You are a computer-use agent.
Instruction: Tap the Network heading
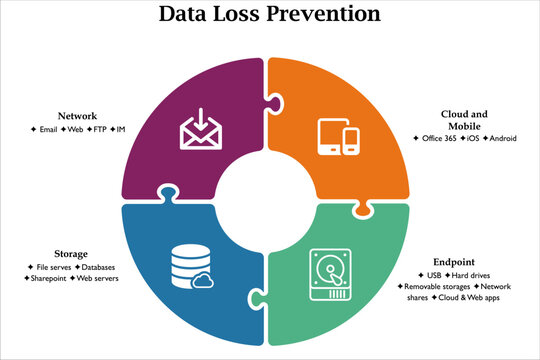(78, 116)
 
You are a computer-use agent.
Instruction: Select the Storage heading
(70, 254)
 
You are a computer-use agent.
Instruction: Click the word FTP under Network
(98, 130)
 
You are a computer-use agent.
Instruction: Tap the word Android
(502, 138)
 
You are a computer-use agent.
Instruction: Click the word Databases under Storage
(96, 267)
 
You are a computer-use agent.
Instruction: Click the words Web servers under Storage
(98, 279)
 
